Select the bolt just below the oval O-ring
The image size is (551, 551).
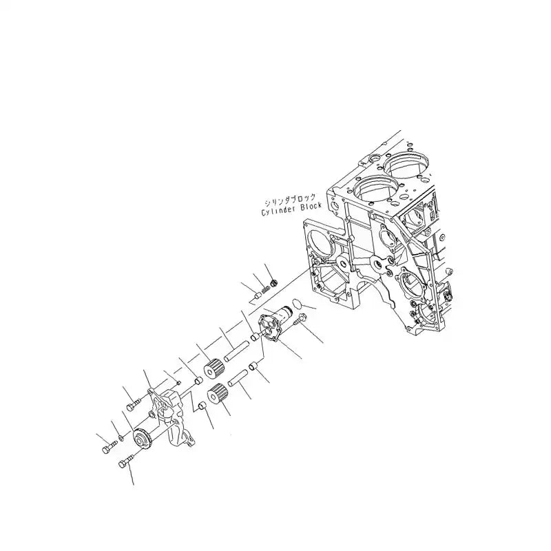pos(300,318)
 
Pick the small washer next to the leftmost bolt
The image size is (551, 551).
pos(121,438)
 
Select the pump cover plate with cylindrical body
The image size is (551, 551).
pos(272,324)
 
